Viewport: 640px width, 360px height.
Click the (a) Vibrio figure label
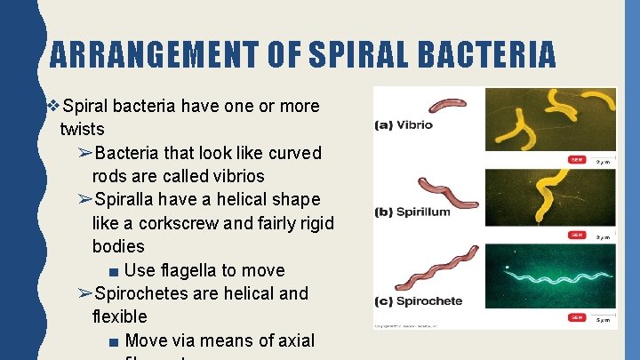click(x=404, y=125)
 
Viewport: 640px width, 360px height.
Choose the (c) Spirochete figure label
click(x=419, y=300)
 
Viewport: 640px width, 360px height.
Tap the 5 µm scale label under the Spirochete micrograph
click(x=603, y=317)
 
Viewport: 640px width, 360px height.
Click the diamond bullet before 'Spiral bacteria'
click(x=55, y=107)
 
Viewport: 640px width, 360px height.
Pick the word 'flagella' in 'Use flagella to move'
click(x=196, y=269)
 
